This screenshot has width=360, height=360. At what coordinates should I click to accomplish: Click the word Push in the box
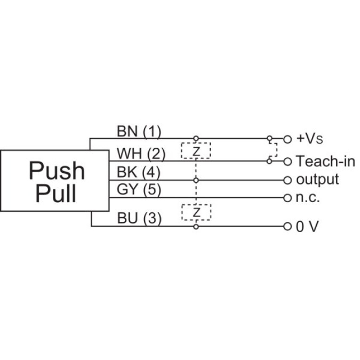(57, 171)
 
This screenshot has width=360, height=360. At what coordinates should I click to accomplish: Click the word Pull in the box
(56, 194)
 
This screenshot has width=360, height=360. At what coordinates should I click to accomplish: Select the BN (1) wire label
(138, 131)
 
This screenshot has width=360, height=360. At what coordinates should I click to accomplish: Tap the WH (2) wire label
(141, 154)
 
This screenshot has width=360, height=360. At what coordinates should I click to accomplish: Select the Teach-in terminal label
(325, 161)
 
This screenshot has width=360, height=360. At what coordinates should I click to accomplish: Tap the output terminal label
(317, 179)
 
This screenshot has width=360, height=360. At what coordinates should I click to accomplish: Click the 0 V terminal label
(308, 227)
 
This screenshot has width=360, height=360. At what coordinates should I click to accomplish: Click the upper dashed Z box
(196, 150)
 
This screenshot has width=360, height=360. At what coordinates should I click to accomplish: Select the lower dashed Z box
(196, 212)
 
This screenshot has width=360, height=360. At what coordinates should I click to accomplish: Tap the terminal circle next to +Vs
(288, 139)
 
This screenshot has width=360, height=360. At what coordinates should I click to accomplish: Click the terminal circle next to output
(288, 180)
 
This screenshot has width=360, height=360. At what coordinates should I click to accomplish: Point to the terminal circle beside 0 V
(288, 227)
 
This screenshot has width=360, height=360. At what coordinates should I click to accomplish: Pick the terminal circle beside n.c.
(288, 198)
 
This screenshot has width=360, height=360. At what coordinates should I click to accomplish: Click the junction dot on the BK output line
(196, 180)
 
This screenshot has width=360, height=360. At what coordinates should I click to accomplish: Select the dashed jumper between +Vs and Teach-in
(275, 149)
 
